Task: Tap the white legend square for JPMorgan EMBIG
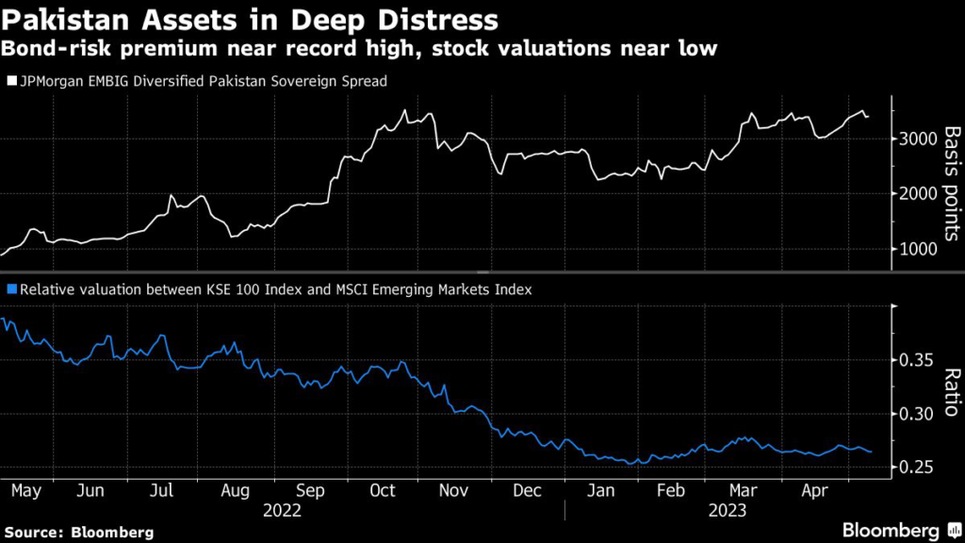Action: click(x=10, y=82)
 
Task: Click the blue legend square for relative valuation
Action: click(x=10, y=290)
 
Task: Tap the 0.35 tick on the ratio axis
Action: click(x=912, y=360)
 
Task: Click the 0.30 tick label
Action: click(x=912, y=414)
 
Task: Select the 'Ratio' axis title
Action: click(x=950, y=391)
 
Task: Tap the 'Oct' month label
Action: click(x=383, y=491)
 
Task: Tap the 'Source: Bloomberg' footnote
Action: click(x=79, y=531)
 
